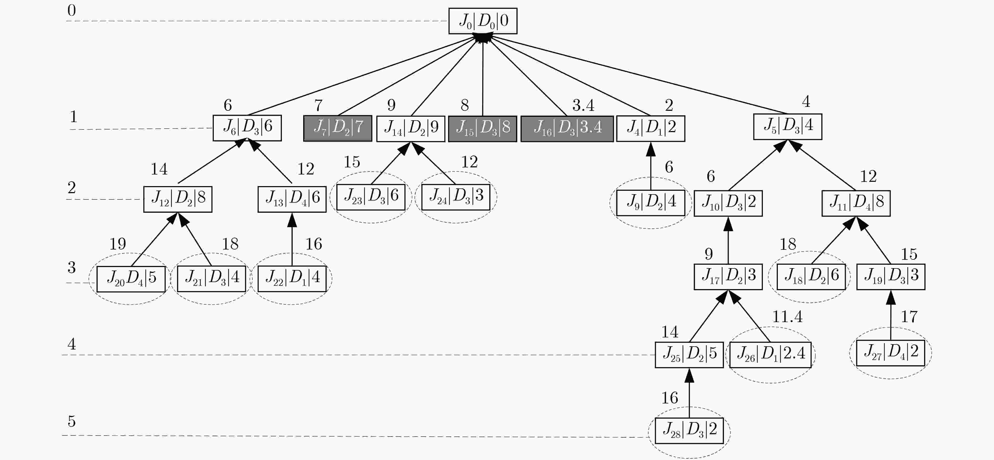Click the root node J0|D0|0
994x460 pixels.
[x=483, y=21]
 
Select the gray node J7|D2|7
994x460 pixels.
[x=338, y=128]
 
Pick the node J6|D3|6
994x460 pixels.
[x=247, y=128]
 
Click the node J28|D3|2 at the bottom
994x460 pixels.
[x=689, y=431]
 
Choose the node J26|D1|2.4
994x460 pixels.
[x=770, y=354]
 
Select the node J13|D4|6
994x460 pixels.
[x=292, y=199]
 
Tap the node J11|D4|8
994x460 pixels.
[x=856, y=203]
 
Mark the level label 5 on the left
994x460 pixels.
[x=71, y=421]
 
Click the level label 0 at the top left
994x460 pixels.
[x=71, y=11]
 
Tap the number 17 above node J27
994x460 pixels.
[x=909, y=317]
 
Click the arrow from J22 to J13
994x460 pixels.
[x=292, y=239]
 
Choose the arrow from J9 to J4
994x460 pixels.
[x=651, y=166]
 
